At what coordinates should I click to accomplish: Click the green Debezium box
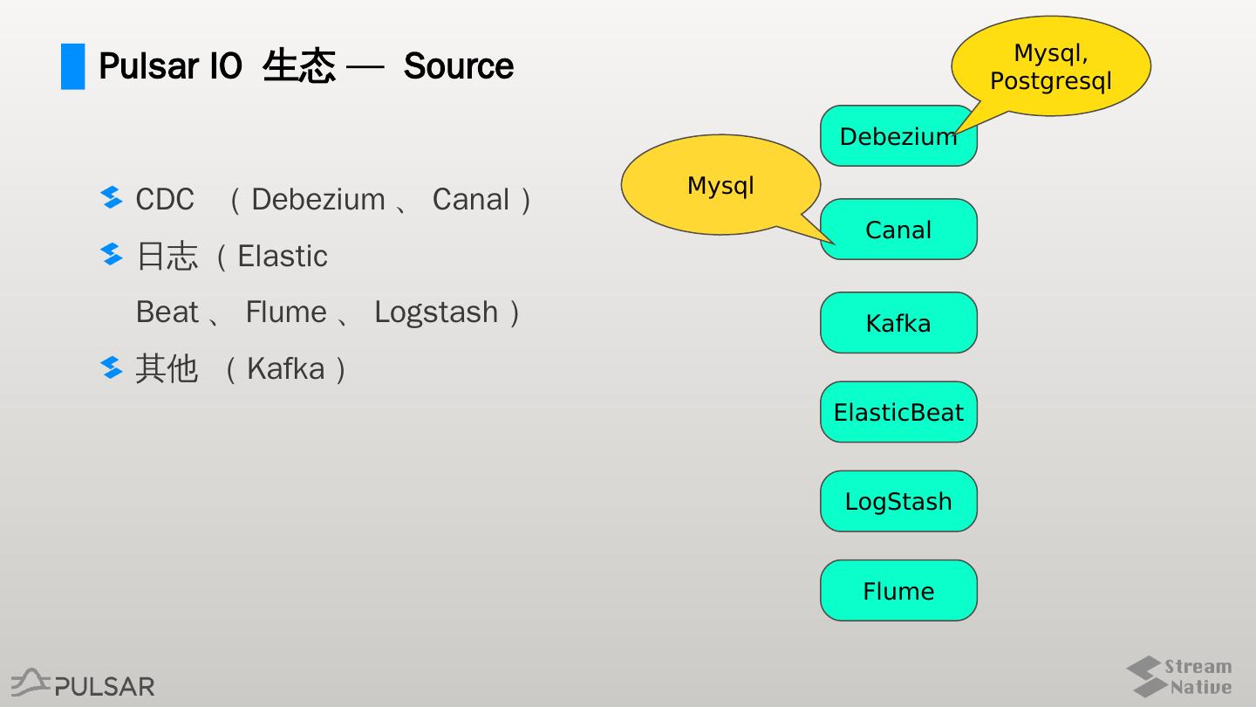click(898, 136)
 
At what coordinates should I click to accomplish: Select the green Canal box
click(898, 229)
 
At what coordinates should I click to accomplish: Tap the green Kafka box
click(898, 323)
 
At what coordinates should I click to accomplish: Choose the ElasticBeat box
click(898, 412)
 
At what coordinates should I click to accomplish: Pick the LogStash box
click(898, 501)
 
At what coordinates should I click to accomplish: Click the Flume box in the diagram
click(898, 590)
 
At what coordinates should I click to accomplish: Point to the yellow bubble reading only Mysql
click(720, 185)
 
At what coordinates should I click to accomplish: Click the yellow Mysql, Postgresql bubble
click(1051, 66)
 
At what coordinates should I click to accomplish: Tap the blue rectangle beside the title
click(73, 66)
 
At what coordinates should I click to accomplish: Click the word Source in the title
click(459, 66)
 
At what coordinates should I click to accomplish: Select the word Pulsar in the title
click(148, 66)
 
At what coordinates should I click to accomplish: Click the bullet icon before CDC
click(112, 197)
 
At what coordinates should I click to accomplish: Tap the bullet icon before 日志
click(112, 254)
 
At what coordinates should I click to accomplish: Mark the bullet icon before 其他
click(112, 367)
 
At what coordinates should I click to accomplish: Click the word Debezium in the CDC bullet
click(317, 199)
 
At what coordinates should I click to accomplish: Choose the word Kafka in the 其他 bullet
click(286, 368)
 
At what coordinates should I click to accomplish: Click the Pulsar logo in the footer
click(83, 683)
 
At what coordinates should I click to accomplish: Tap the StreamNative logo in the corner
click(1179, 676)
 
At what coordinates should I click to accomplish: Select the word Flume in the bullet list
click(286, 312)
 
